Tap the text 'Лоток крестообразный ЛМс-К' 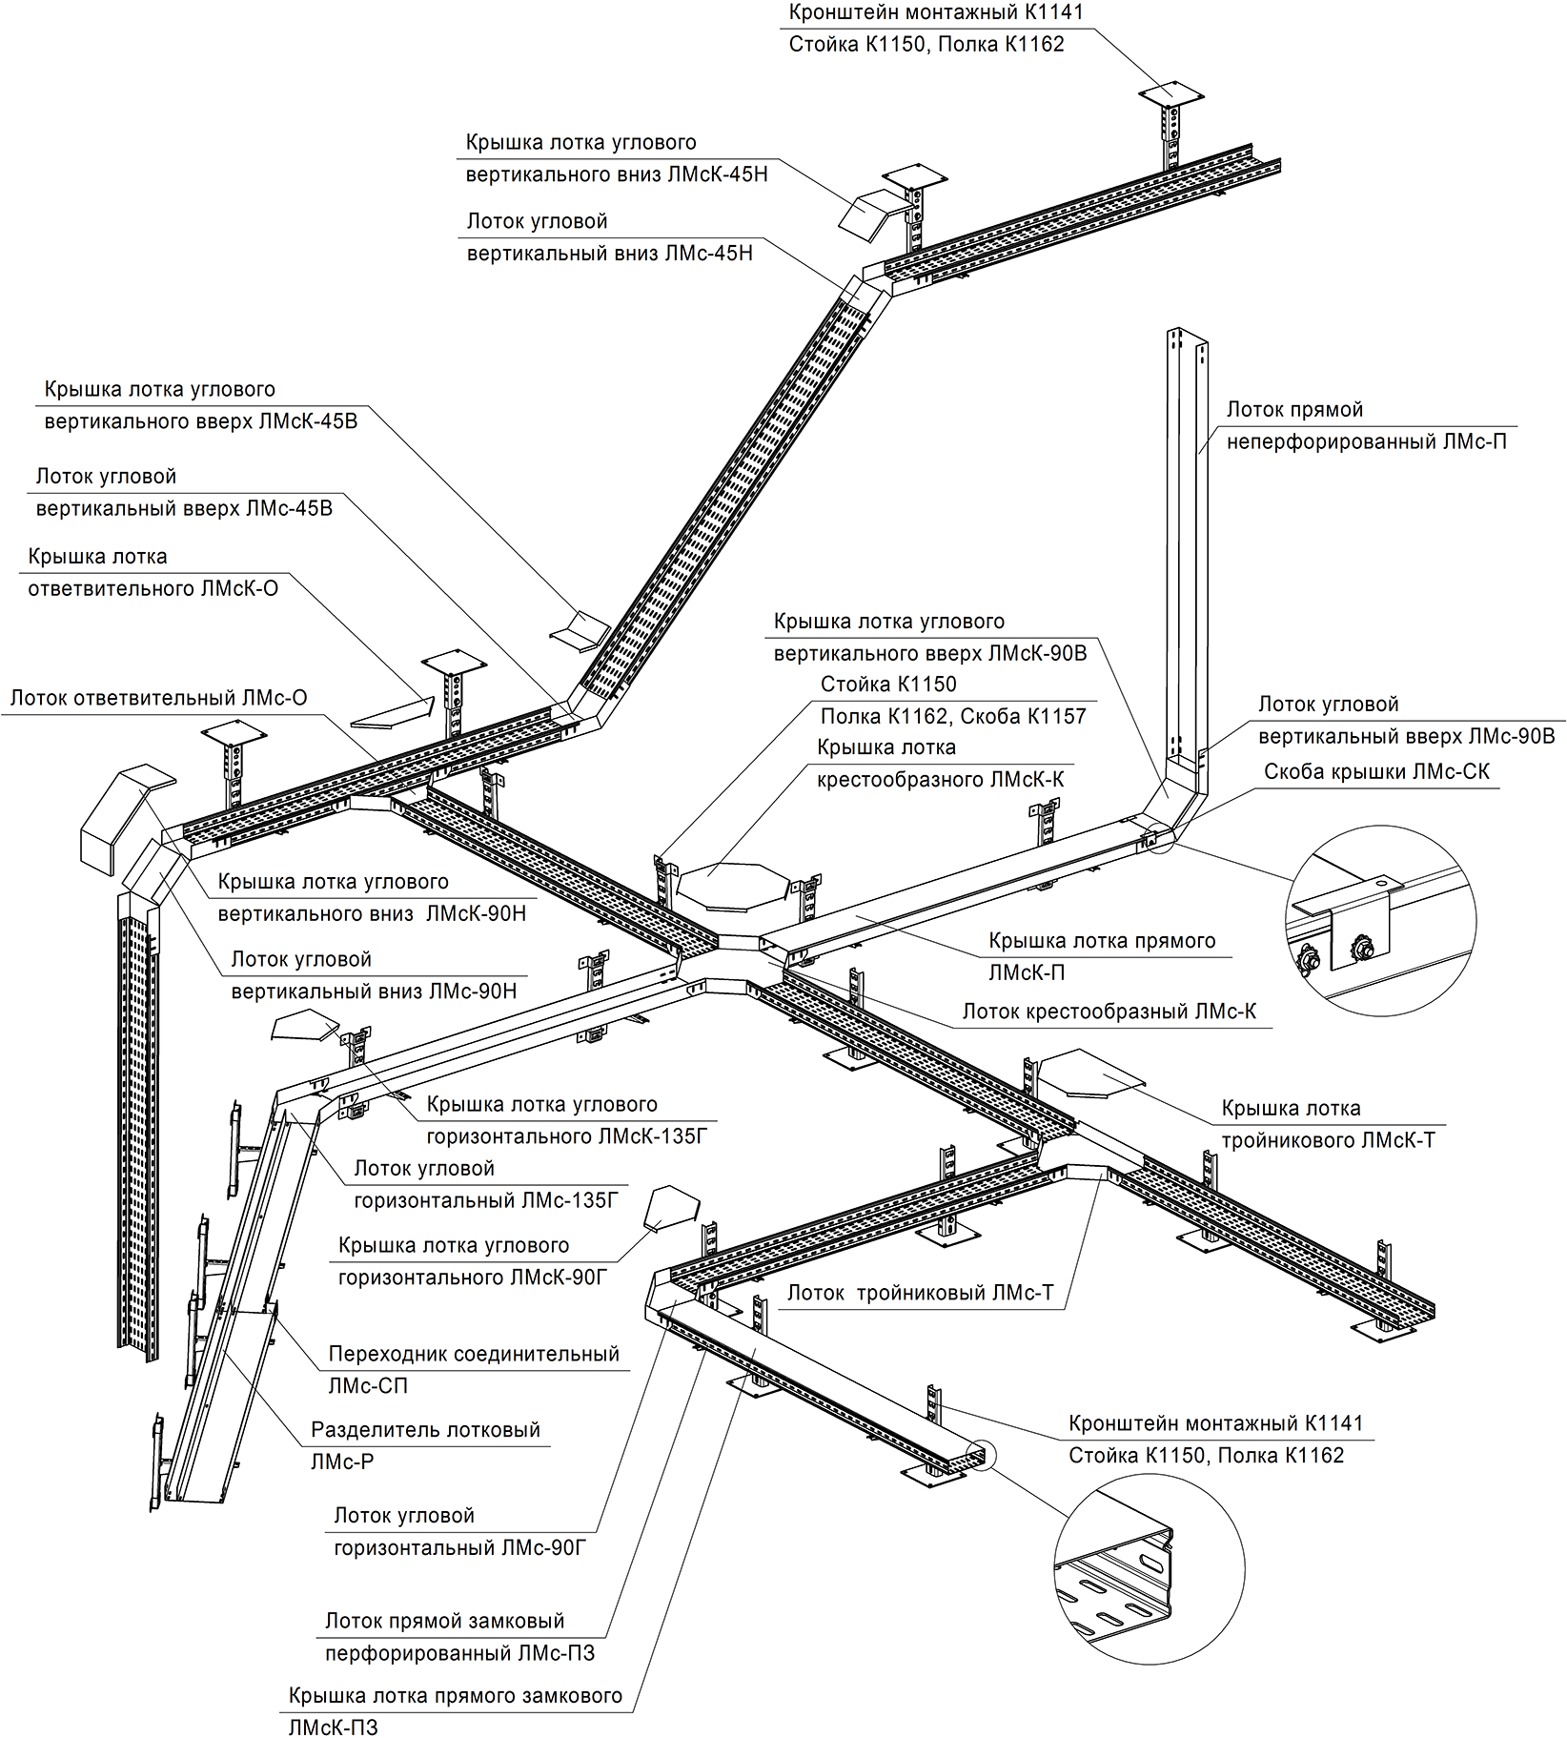[x=1109, y=1012]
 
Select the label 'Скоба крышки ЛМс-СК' [x=1376, y=771]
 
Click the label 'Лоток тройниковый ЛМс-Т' [x=920, y=1294]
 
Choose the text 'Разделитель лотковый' [x=425, y=1430]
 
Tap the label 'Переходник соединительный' [x=474, y=1354]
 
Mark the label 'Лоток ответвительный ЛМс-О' [x=159, y=698]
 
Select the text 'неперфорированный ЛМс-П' [x=1367, y=442]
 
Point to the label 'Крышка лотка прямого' [x=1102, y=941]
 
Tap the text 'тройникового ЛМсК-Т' [x=1327, y=1140]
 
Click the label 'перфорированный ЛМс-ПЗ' [x=460, y=1653]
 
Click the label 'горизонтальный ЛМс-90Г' [x=459, y=1547]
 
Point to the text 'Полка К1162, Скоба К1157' [x=953, y=716]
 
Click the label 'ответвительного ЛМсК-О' [x=153, y=588]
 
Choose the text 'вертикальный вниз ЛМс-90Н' [x=374, y=992]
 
